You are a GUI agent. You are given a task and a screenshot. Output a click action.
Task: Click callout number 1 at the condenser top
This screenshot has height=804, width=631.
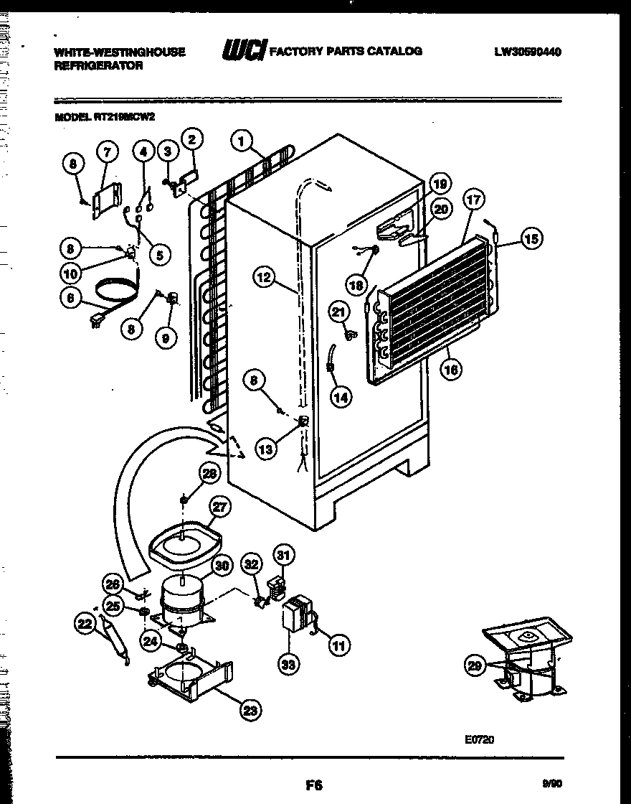pos(242,141)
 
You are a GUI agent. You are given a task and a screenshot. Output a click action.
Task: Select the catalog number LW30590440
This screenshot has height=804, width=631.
pos(528,52)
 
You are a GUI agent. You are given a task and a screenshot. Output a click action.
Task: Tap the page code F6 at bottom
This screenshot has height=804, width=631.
pos(313,785)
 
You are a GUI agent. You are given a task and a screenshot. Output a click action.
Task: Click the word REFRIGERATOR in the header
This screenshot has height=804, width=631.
pos(98,65)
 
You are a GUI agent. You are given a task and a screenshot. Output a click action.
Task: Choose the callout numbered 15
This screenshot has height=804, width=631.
pos(531,238)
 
